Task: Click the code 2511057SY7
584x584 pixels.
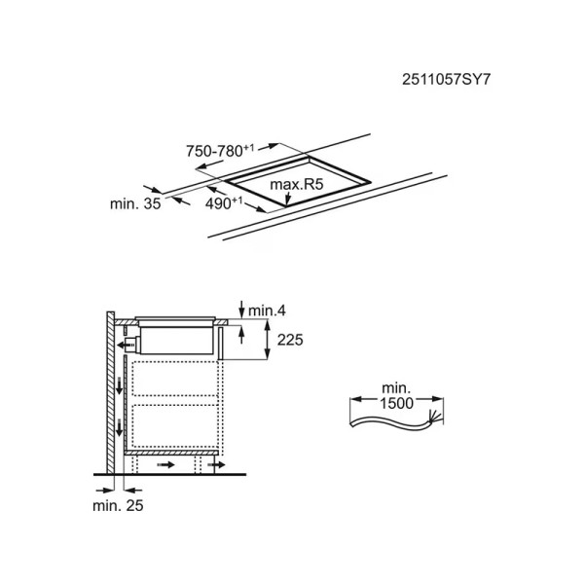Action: (446, 80)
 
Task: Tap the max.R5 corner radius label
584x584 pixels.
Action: (297, 184)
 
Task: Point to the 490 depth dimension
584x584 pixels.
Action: (224, 203)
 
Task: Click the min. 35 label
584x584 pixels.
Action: (135, 203)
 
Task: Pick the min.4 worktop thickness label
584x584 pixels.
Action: (267, 310)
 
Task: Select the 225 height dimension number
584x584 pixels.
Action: (290, 340)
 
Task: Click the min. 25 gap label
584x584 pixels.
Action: (118, 505)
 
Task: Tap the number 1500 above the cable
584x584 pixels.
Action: (396, 403)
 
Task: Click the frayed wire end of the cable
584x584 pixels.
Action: (435, 417)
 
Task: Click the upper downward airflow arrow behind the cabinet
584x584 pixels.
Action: (119, 385)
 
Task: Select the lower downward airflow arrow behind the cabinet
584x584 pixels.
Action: (119, 427)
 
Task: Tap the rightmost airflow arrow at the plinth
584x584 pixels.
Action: (216, 464)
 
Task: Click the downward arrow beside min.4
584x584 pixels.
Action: (241, 309)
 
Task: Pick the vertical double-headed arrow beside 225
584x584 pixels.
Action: (267, 340)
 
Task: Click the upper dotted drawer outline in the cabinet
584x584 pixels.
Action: (174, 379)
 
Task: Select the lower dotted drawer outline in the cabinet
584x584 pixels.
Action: (174, 425)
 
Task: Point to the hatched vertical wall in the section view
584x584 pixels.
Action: (111, 392)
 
